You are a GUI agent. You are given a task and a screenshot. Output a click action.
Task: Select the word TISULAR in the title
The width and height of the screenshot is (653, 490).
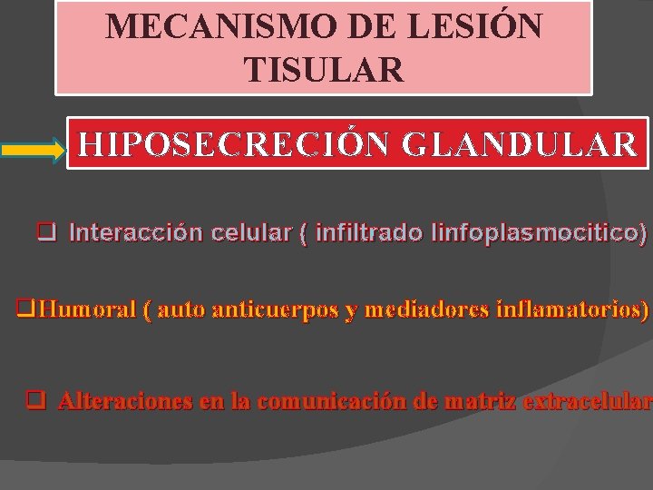coord(324,68)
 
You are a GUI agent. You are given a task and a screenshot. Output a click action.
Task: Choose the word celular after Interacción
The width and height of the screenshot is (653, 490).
coord(255,233)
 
